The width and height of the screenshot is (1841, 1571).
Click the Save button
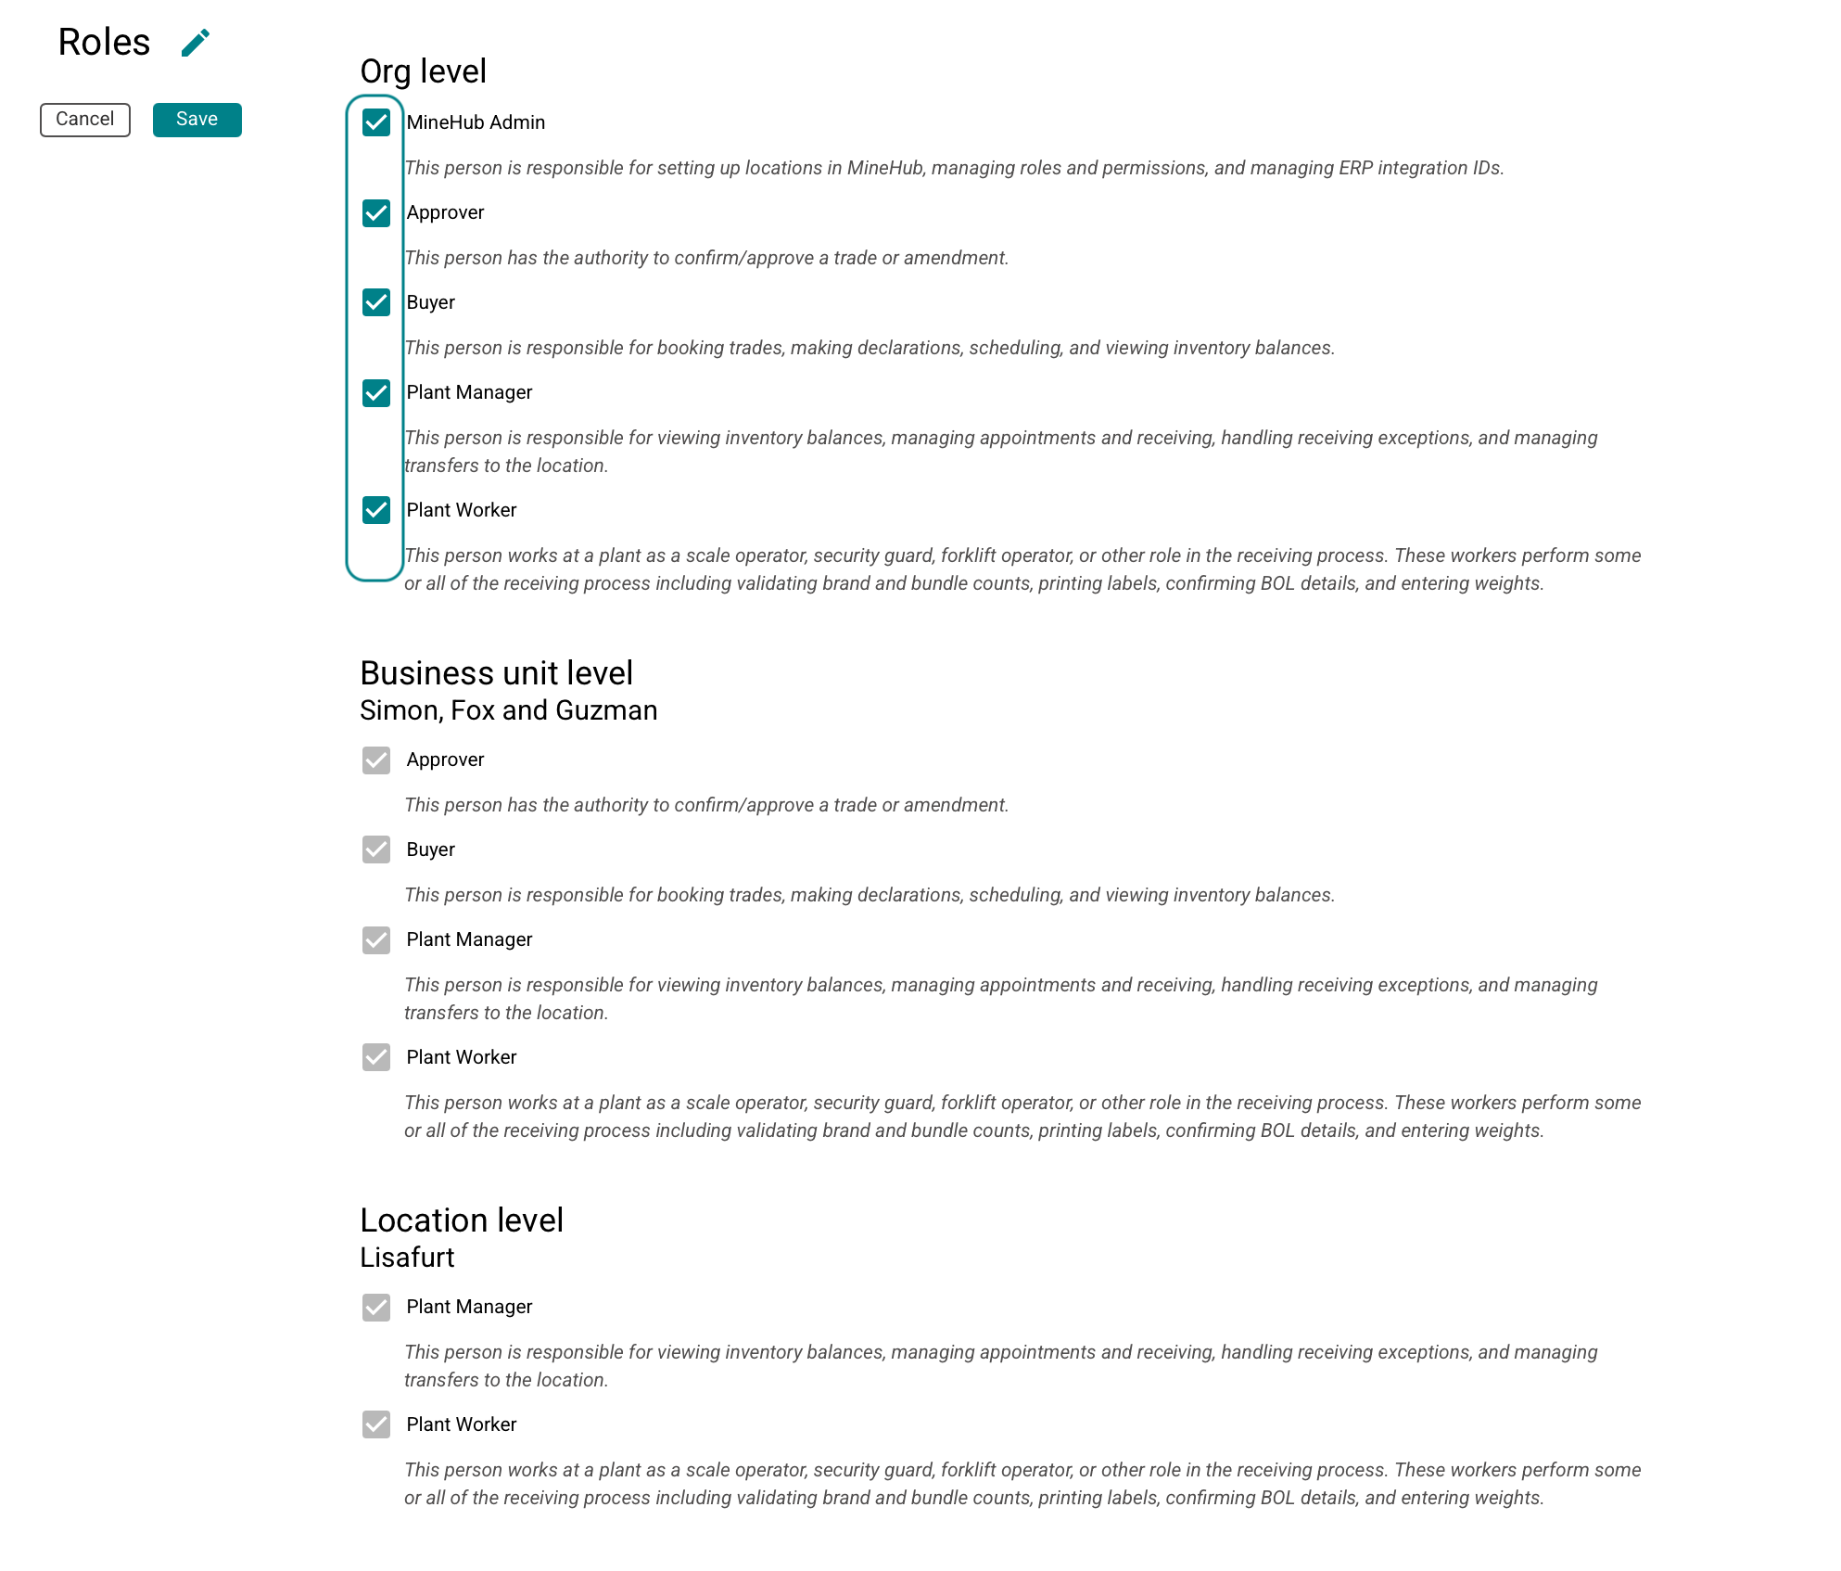click(197, 120)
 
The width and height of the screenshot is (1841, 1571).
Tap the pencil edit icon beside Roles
click(195, 43)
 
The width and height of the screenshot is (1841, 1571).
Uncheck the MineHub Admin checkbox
click(376, 122)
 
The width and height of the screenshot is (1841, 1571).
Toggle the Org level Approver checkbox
click(376, 213)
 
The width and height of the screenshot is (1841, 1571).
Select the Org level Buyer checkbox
click(376, 302)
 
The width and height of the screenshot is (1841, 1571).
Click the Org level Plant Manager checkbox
click(376, 393)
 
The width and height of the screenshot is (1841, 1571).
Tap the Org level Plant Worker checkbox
click(376, 510)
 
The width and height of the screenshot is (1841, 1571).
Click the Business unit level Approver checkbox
click(376, 760)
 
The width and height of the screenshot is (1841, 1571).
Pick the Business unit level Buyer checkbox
click(376, 849)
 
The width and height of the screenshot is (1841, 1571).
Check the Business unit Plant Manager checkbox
click(376, 940)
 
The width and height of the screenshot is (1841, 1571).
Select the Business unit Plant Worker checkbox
click(376, 1057)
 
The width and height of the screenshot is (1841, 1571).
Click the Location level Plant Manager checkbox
click(376, 1308)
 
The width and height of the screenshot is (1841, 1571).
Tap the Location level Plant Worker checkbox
click(376, 1424)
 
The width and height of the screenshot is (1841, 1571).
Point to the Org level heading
click(423, 71)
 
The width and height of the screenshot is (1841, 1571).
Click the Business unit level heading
click(496, 673)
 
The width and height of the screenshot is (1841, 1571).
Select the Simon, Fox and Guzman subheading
click(508, 710)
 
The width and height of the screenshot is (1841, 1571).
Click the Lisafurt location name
click(407, 1258)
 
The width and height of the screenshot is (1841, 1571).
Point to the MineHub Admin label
click(476, 122)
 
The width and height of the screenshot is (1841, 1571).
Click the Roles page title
click(104, 43)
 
